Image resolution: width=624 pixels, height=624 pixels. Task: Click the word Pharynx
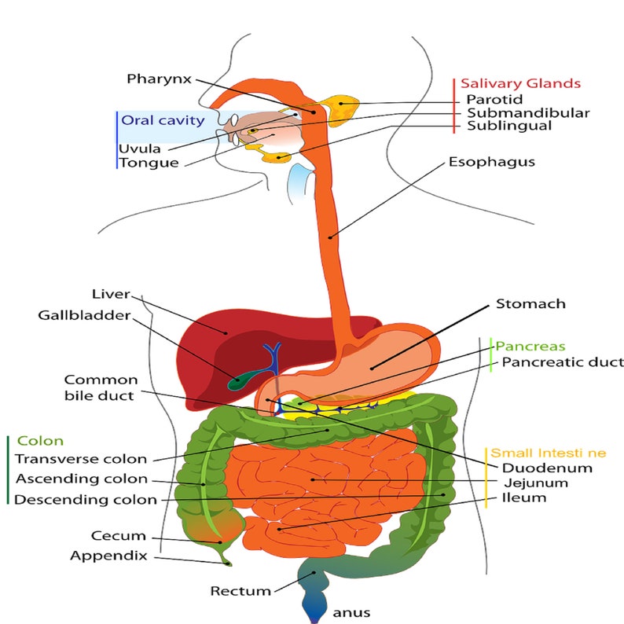tap(158, 79)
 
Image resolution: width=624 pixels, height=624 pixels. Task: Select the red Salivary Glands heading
tap(520, 83)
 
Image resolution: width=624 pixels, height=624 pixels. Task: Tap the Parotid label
tap(491, 99)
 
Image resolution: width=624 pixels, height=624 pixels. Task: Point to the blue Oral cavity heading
tap(162, 120)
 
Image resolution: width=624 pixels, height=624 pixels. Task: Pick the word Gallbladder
tap(83, 315)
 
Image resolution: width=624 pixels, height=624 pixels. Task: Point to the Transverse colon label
tap(81, 459)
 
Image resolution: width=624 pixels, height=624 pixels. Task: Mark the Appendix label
tap(108, 555)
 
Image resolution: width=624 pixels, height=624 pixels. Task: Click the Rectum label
tap(240, 590)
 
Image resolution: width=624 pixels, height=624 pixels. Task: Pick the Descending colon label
tap(86, 499)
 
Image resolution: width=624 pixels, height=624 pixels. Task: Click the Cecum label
tap(119, 536)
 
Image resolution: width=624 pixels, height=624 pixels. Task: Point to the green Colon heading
tap(40, 441)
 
